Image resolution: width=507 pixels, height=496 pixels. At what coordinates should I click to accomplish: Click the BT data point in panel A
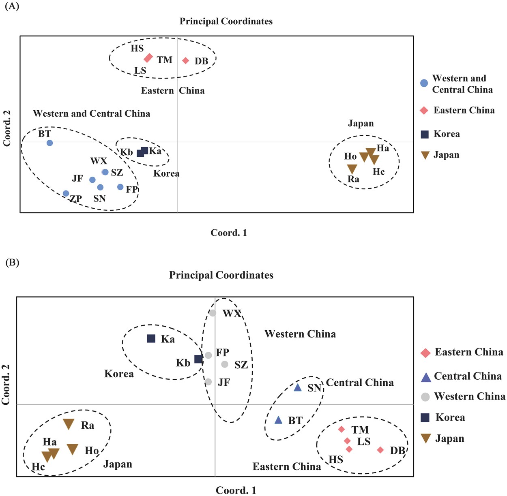pyautogui.click(x=49, y=143)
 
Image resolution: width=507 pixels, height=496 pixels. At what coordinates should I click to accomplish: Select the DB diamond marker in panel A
pyautogui.click(x=185, y=61)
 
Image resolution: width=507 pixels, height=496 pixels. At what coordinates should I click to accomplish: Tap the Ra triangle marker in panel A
pyautogui.click(x=352, y=169)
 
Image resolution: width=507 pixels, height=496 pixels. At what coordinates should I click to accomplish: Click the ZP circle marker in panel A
pyautogui.click(x=66, y=194)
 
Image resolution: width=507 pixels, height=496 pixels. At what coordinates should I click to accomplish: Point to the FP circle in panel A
pyautogui.click(x=120, y=187)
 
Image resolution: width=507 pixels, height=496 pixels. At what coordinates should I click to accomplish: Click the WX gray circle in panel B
pyautogui.click(x=213, y=313)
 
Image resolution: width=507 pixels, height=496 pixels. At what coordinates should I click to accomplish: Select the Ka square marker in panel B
pyautogui.click(x=151, y=338)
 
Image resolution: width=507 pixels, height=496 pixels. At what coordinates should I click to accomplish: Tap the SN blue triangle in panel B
pyautogui.click(x=297, y=388)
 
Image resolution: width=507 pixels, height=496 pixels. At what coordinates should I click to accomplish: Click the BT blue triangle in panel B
pyautogui.click(x=278, y=420)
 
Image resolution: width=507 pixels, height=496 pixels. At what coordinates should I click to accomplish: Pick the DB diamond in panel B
pyautogui.click(x=380, y=450)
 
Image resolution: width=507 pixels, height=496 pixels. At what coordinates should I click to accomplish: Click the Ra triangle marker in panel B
pyautogui.click(x=69, y=424)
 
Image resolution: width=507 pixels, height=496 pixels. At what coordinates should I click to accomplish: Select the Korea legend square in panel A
pyautogui.click(x=425, y=134)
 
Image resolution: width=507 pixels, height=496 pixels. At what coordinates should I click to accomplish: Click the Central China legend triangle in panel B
pyautogui.click(x=426, y=378)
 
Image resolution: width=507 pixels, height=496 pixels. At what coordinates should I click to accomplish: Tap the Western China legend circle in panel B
pyautogui.click(x=425, y=397)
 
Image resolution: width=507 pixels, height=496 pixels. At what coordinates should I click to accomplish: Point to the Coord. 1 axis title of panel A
pyautogui.click(x=229, y=233)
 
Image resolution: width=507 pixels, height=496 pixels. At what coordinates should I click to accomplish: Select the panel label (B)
pyautogui.click(x=12, y=262)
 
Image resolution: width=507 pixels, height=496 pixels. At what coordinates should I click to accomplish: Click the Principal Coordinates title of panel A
pyautogui.click(x=226, y=21)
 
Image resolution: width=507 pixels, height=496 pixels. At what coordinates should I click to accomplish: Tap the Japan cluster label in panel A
pyautogui.click(x=361, y=124)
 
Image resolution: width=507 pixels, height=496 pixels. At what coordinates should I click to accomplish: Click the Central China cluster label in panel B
pyautogui.click(x=360, y=383)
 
